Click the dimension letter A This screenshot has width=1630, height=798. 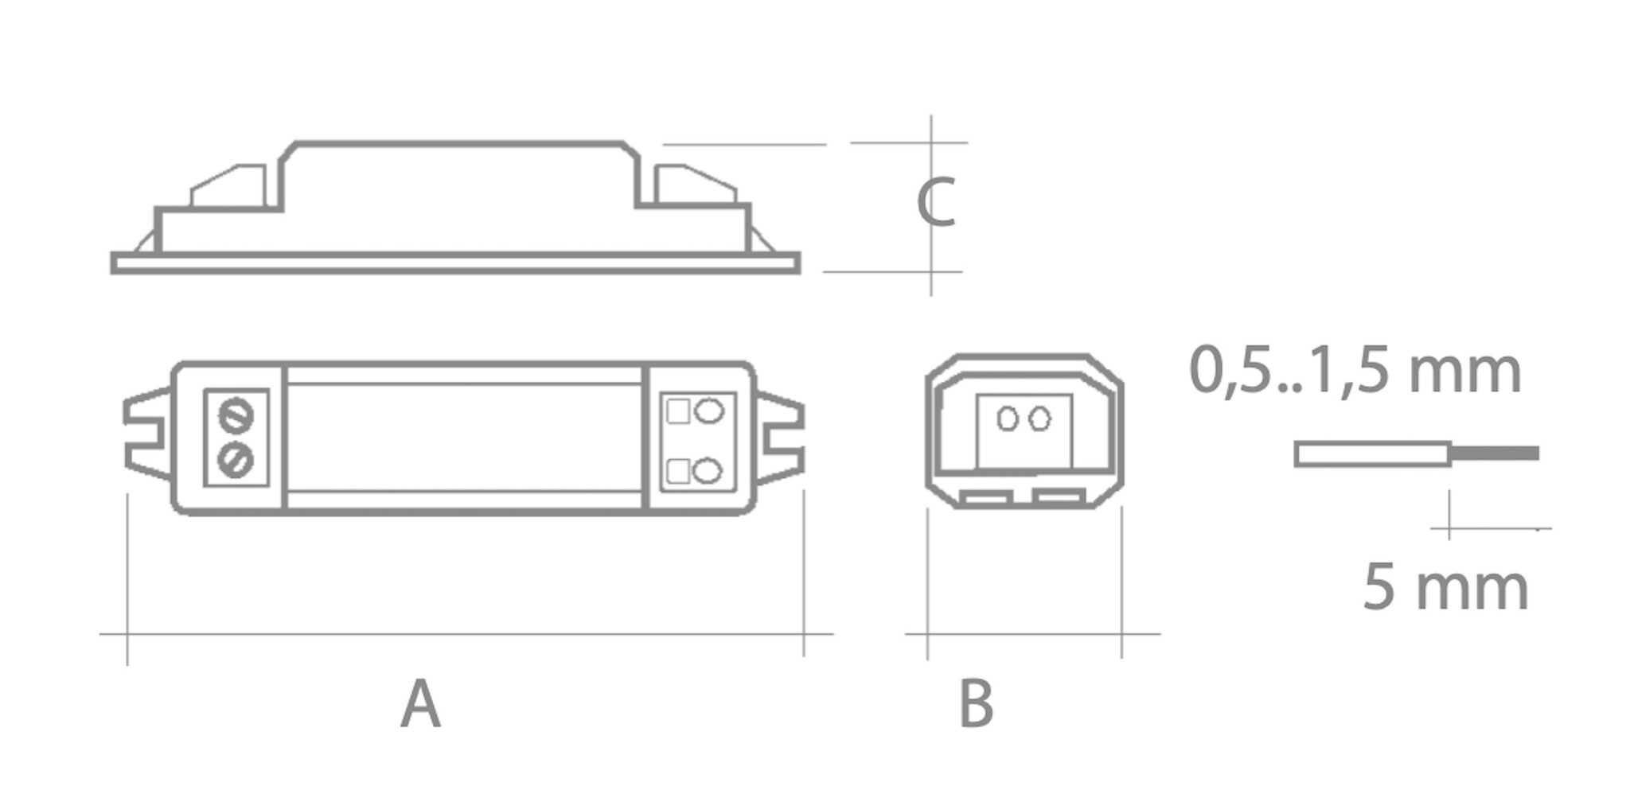click(x=419, y=704)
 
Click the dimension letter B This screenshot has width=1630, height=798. click(x=976, y=704)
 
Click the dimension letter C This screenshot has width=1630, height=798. click(x=935, y=204)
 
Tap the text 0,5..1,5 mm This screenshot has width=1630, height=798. click(x=1355, y=372)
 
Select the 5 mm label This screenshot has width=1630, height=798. click(x=1445, y=588)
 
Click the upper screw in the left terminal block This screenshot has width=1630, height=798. click(x=236, y=415)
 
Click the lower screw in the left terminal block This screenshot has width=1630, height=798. click(x=236, y=460)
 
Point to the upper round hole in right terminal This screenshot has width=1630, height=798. click(x=708, y=411)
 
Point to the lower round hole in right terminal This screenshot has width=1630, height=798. click(x=707, y=471)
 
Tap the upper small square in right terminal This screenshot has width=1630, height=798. click(x=678, y=411)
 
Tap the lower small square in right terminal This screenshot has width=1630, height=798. click(x=678, y=471)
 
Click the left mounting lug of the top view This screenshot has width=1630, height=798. click(x=146, y=436)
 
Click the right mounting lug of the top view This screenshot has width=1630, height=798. click(x=781, y=438)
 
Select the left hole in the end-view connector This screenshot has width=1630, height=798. click(x=1008, y=418)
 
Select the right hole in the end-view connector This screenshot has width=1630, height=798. click(x=1039, y=418)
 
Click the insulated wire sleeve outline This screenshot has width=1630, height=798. click(x=1372, y=454)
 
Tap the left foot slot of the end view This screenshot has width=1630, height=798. click(x=985, y=499)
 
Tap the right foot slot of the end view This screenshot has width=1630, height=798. click(x=1058, y=499)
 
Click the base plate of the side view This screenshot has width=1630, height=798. click(x=455, y=263)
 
